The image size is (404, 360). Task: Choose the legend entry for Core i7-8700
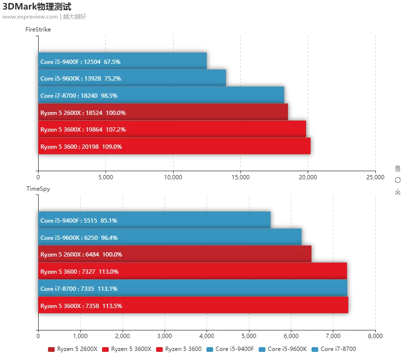point(333,349)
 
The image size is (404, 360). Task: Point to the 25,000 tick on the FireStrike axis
point(375,177)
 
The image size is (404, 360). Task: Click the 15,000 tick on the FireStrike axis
point(240,177)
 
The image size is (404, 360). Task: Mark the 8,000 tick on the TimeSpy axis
point(375,337)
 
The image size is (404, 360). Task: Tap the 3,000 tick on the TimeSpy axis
point(165,337)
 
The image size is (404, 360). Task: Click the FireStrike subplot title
point(38,30)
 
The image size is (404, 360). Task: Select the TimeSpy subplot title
point(38,189)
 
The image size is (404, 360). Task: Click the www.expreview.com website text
point(30,17)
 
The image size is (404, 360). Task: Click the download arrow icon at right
point(398,192)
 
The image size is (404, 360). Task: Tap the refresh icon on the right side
point(398,180)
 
